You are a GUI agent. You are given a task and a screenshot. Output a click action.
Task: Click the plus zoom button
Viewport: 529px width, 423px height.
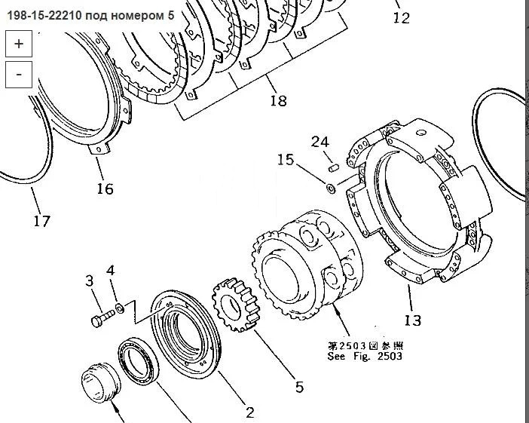tap(19, 44)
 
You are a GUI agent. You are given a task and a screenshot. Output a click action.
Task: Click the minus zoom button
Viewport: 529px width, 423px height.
tap(19, 75)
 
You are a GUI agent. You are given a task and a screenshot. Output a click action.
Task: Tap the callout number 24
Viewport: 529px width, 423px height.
tap(320, 142)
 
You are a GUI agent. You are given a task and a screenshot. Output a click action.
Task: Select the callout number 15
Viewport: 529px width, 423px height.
tap(286, 159)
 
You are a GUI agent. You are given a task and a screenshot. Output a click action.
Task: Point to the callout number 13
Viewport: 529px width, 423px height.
tap(413, 320)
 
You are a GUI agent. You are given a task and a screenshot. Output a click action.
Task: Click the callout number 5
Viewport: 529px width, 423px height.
tap(300, 387)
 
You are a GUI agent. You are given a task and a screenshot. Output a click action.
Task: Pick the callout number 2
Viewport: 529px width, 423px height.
tap(249, 412)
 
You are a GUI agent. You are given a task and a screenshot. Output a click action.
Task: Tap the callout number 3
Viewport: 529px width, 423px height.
tap(89, 280)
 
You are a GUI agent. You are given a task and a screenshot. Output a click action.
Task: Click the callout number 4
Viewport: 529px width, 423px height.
tap(111, 271)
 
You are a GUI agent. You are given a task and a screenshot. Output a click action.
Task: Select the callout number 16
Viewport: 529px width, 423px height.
tap(105, 189)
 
